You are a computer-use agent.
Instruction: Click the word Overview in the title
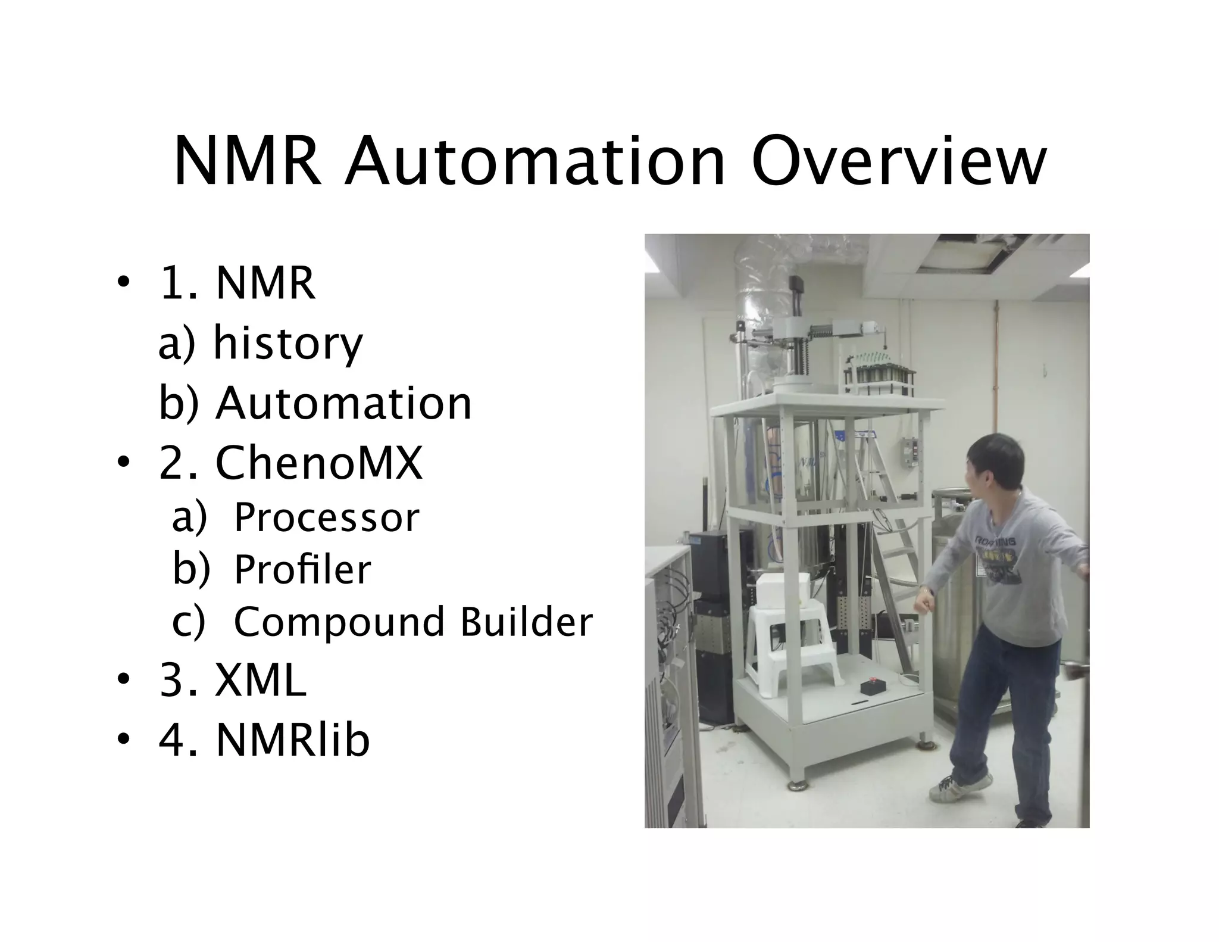[x=898, y=162]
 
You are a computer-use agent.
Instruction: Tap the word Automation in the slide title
[x=534, y=162]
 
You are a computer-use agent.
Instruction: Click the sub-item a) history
[x=261, y=343]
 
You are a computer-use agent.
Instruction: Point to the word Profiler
[x=302, y=569]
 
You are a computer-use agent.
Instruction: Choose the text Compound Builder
[x=413, y=622]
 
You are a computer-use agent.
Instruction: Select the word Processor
[x=326, y=517]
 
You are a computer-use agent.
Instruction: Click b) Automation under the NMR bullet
[x=315, y=403]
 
